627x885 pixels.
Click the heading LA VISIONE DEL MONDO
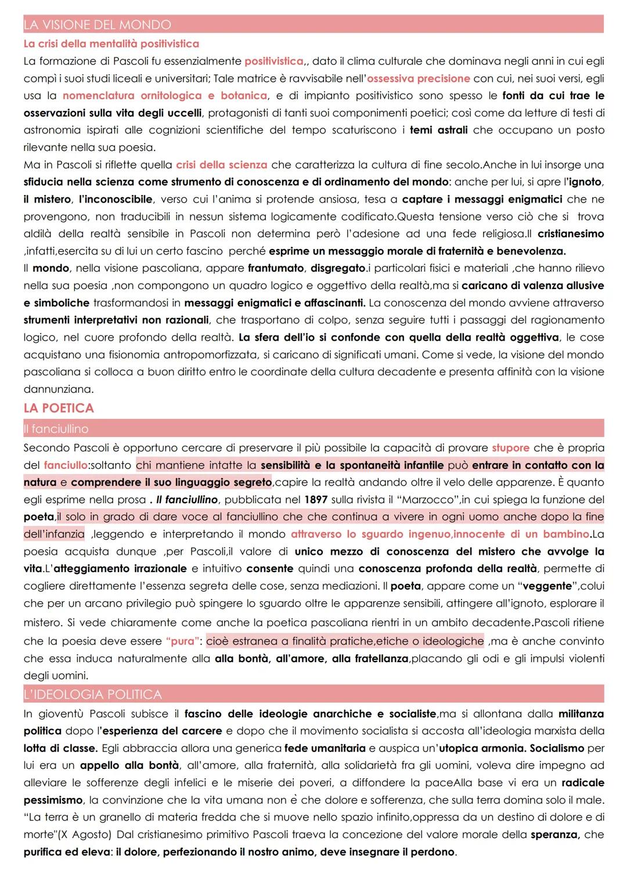97,25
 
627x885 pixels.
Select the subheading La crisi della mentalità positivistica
111,44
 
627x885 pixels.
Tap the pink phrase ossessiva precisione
419,78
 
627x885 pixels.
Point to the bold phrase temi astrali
438,130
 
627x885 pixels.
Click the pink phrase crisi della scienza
222,165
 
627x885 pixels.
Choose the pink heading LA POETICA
59,408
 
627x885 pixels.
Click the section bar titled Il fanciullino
56,429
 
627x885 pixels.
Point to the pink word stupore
510,448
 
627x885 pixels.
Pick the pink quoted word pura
183,641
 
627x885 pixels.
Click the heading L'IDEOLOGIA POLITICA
92,694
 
